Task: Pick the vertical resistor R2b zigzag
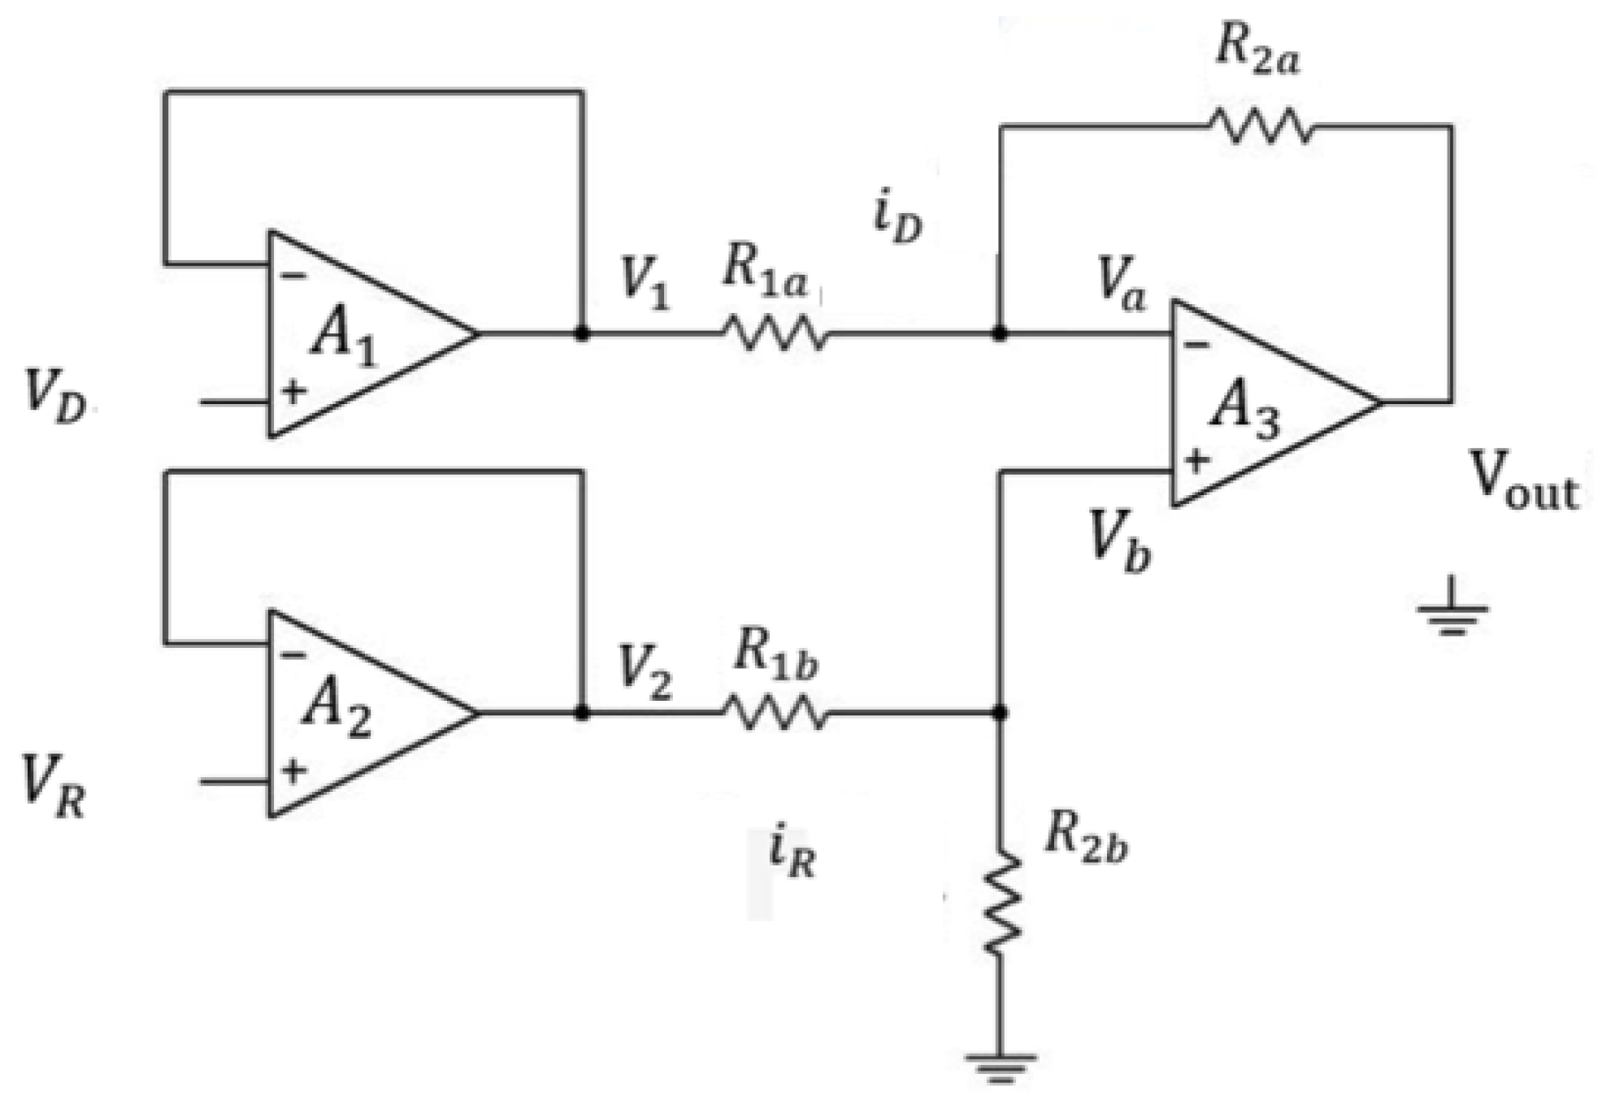[x=1001, y=902]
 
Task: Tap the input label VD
[x=55, y=397]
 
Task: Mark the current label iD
[x=897, y=219]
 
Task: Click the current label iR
[x=791, y=854]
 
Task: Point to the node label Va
[x=1121, y=285]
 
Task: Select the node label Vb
[x=1119, y=541]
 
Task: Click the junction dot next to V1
[x=581, y=333]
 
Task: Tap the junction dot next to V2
[x=581, y=713]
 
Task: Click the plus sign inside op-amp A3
[x=1196, y=462]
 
